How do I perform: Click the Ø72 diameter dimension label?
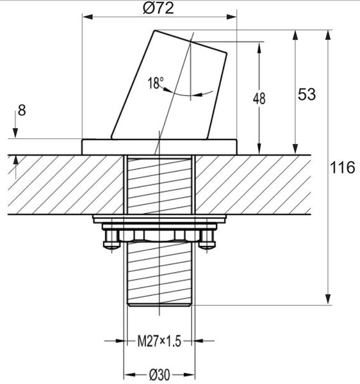(158, 8)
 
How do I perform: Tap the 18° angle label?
(156, 83)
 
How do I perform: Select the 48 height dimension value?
(259, 99)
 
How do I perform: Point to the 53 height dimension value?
(307, 94)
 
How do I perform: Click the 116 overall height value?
(342, 168)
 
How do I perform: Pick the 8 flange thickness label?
(22, 110)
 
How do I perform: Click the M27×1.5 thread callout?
(160, 341)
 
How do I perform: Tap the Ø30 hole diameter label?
(160, 374)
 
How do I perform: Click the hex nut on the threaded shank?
(160, 236)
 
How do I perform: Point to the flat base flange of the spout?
(160, 147)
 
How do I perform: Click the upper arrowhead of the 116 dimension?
(328, 35)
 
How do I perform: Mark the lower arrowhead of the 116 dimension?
(328, 300)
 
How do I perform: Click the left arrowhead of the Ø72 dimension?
(87, 17)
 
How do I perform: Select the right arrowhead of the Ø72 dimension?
(232, 17)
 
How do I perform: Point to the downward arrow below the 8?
(15, 125)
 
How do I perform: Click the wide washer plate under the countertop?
(160, 219)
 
